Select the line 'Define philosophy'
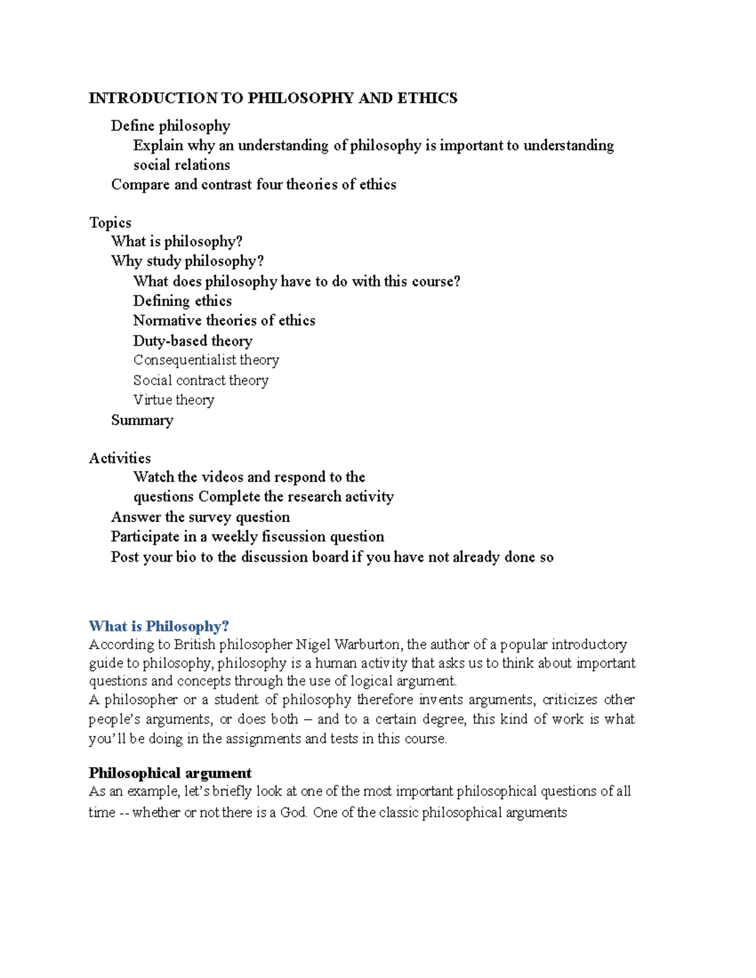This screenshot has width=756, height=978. point(170,126)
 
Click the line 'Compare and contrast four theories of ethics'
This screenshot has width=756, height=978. point(253,185)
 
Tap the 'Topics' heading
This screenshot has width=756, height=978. point(110,223)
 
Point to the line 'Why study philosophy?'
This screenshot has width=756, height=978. point(187,261)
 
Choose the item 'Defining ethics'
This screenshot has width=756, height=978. point(182,301)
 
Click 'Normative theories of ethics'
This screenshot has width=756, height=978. point(224,321)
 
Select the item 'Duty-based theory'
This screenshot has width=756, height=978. point(192,341)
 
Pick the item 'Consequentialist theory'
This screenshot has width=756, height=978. point(206,360)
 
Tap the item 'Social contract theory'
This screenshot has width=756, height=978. point(200,380)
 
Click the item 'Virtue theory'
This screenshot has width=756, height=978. point(173,400)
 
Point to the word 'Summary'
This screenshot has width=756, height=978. point(142,420)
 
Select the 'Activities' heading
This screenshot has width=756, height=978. point(120,458)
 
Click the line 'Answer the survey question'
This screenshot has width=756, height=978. point(200,517)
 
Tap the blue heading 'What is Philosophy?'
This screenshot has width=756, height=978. point(159,626)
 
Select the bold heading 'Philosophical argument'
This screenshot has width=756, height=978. point(170,773)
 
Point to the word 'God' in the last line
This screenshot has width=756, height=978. point(293,812)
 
